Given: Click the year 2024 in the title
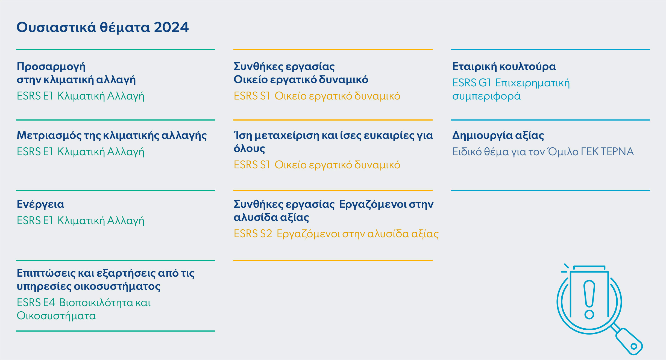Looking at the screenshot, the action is point(171,27).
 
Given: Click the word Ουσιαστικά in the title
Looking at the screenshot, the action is point(56,27).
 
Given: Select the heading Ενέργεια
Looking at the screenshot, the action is point(40,204).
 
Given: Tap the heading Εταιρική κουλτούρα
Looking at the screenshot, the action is point(504,67).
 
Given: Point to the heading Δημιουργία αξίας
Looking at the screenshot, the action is point(498,136).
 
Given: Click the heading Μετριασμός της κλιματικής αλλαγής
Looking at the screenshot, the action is point(112,136).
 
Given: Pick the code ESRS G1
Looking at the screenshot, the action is point(472,83).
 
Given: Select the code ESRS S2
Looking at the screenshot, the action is point(253,234).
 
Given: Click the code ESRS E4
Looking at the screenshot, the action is point(36,303).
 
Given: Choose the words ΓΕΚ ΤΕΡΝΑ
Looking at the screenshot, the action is point(607,152).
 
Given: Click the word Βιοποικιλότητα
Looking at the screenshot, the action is point(96,303).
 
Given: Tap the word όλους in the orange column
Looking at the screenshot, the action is point(249,149).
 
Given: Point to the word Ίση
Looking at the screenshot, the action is point(243,136).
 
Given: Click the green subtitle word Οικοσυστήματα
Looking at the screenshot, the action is point(56,316).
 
